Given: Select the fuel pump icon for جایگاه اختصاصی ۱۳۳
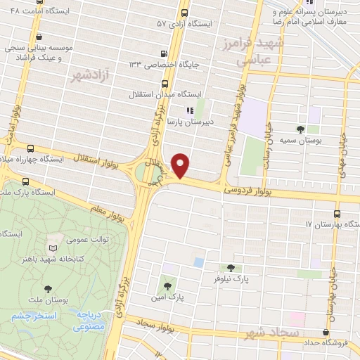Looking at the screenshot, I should pos(164,53).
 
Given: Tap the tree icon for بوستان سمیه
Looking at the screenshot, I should pos(301,129).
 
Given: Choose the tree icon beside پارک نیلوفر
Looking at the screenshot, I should pos(231,268).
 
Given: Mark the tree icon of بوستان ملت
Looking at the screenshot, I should pos(48,288).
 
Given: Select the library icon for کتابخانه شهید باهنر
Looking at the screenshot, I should pos(53,247).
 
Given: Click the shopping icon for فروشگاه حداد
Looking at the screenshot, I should pos(326,333).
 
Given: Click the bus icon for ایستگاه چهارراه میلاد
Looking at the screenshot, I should pos(30,148).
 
